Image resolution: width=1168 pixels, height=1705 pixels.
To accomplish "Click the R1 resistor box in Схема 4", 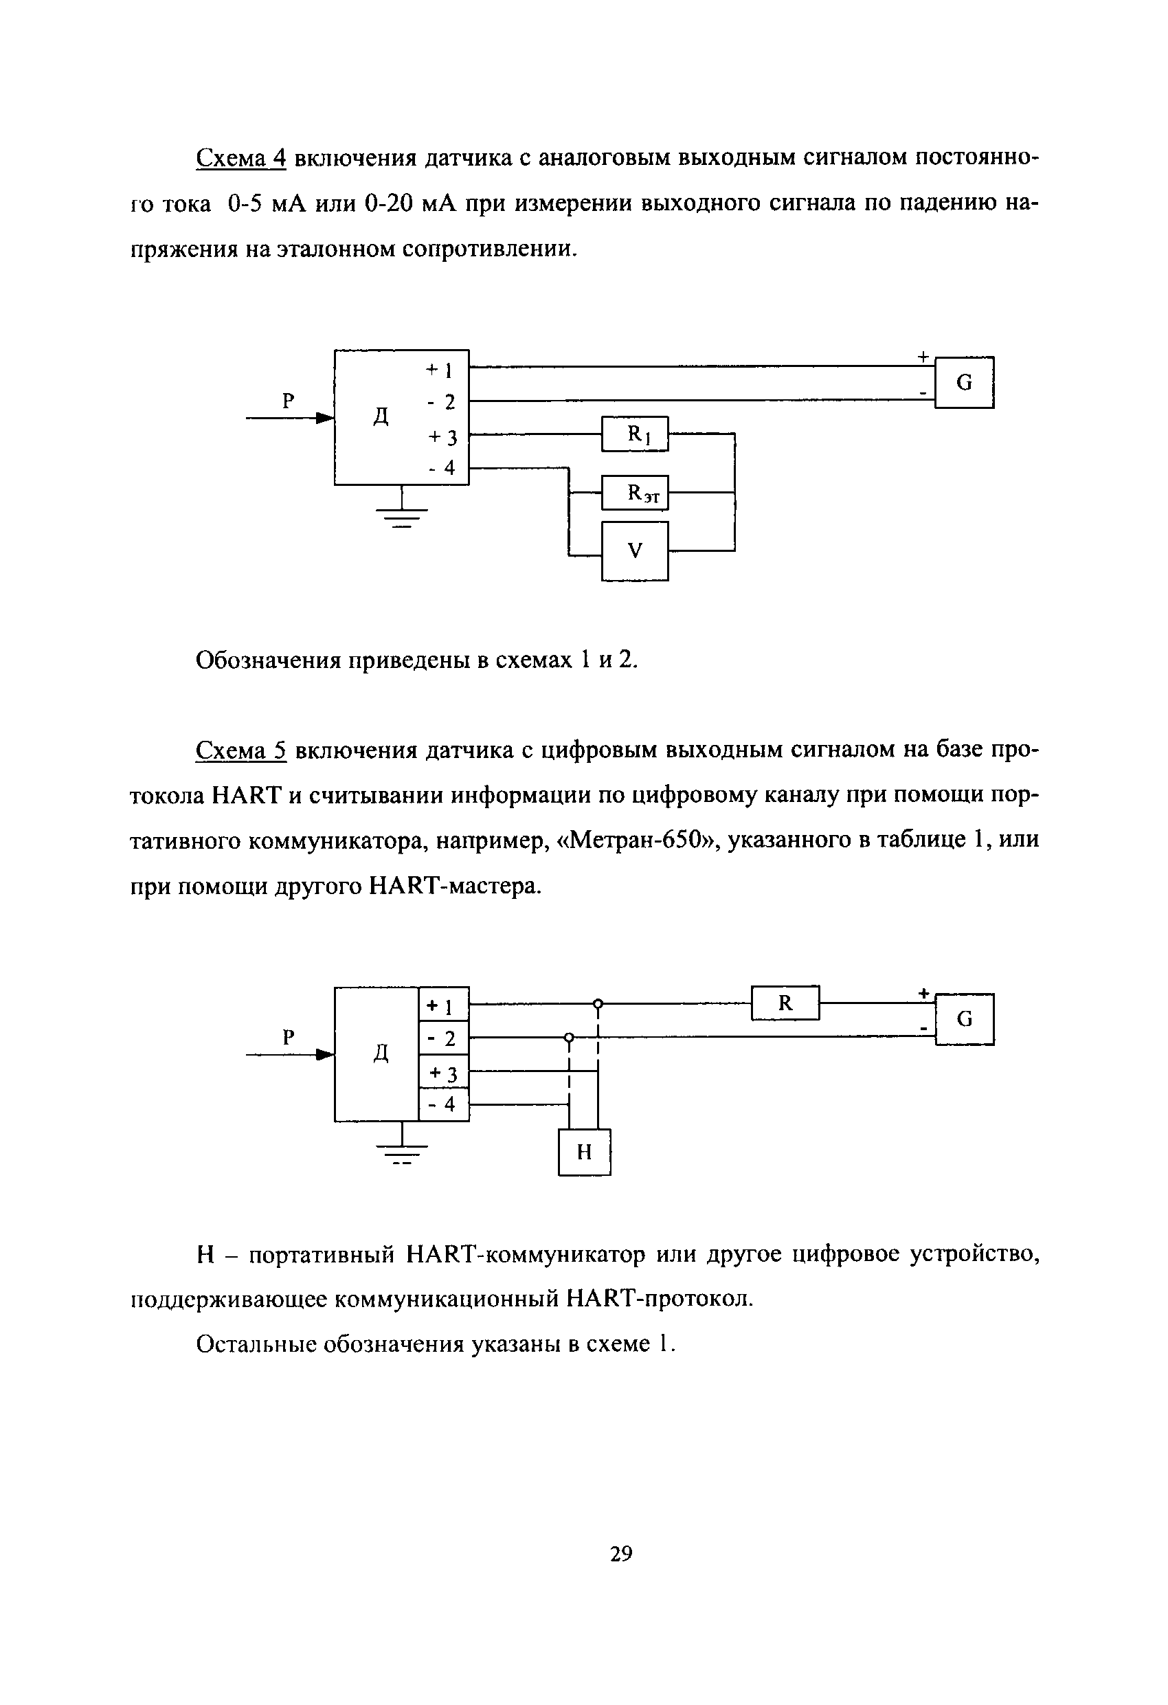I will click(x=635, y=434).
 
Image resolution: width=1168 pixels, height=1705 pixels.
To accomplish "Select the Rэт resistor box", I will click(x=635, y=492).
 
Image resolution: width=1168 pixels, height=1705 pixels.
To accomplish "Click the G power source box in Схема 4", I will click(x=964, y=382).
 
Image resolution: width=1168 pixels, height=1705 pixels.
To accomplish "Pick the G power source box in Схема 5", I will click(x=964, y=1019).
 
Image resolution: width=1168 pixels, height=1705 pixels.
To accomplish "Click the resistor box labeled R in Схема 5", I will click(x=785, y=1003).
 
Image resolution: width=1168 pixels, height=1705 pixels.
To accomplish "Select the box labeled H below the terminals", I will click(x=584, y=1152).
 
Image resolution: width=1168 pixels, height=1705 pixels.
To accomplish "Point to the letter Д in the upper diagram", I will click(x=381, y=416).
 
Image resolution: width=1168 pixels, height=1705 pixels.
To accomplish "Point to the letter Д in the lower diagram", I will click(x=381, y=1054).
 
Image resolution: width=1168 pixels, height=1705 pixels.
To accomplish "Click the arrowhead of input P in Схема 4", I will click(x=324, y=419).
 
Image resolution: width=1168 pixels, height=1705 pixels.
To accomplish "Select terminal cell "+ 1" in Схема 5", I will click(x=443, y=1005).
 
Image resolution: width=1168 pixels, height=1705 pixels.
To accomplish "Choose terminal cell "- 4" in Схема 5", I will click(x=443, y=1105).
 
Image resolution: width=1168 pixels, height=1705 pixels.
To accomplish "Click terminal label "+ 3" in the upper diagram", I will click(x=442, y=437).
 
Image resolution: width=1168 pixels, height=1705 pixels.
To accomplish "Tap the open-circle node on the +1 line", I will click(x=598, y=1003).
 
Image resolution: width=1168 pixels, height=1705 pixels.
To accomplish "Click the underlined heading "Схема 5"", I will click(x=240, y=750).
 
